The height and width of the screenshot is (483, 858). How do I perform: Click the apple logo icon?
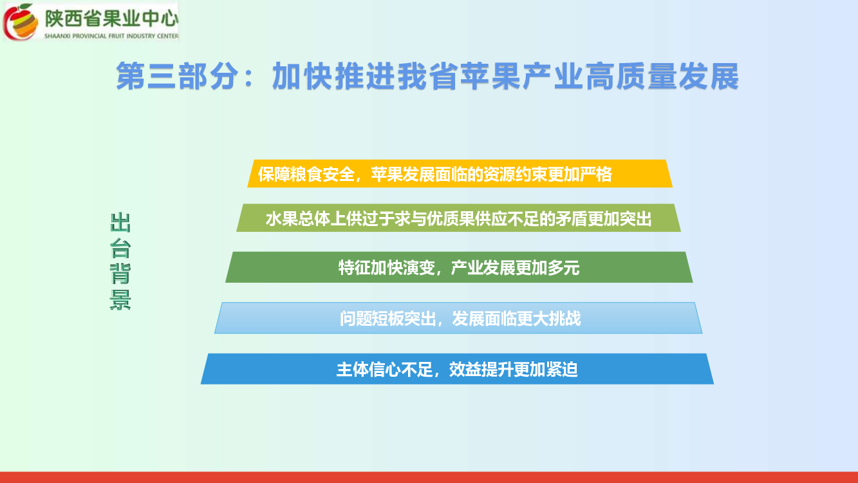(x=21, y=21)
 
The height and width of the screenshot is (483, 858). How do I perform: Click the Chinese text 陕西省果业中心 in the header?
(x=111, y=19)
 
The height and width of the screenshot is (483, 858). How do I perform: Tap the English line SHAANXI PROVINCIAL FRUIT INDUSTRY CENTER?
(x=111, y=36)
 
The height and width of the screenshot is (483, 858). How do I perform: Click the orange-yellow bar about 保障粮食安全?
(x=460, y=174)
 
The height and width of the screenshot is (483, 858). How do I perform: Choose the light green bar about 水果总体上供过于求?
(x=458, y=218)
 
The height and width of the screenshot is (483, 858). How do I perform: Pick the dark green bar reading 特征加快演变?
(x=459, y=267)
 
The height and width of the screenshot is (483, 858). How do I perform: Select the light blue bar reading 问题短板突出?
(x=458, y=317)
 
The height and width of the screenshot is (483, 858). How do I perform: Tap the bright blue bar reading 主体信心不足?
(x=457, y=369)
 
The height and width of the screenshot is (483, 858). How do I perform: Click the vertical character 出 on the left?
(x=120, y=222)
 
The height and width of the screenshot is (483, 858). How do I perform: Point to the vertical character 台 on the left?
(x=120, y=248)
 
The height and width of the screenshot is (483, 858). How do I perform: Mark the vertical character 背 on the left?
(x=120, y=274)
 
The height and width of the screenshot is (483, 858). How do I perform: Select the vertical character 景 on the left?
(x=120, y=299)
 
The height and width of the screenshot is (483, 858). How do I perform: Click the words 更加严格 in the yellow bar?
(x=580, y=175)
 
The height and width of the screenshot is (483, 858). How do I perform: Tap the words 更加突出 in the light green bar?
(x=620, y=219)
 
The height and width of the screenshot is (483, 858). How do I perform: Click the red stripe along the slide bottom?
(x=429, y=477)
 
